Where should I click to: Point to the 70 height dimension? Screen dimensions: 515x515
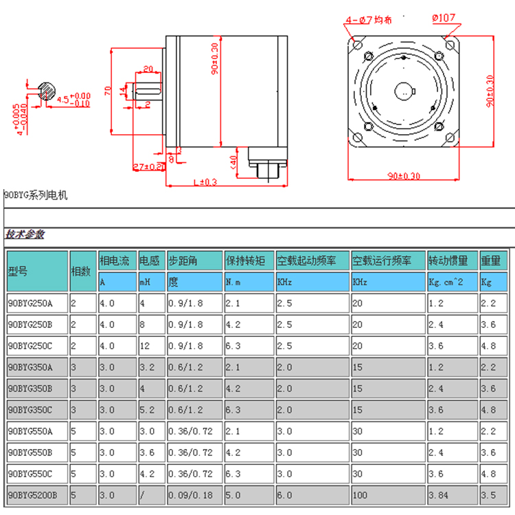pos(107,90)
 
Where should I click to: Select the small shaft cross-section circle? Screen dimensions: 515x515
pos(47,90)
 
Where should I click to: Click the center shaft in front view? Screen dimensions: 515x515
pos(405,91)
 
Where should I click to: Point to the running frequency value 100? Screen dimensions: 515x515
pos(360,495)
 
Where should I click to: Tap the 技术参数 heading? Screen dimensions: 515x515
pos(25,234)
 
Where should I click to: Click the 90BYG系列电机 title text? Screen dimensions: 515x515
pos(36,196)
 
